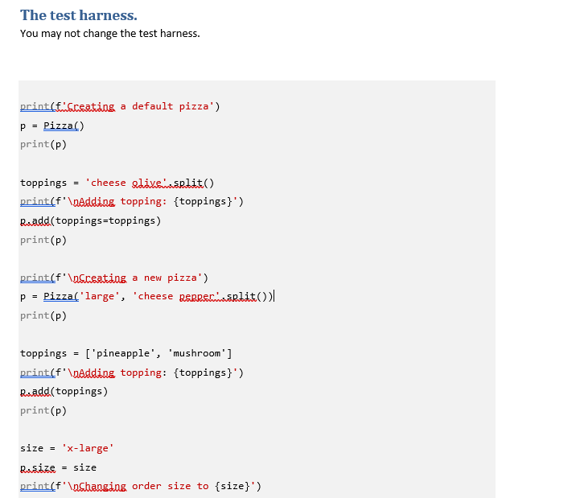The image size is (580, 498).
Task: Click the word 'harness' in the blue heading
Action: tap(109, 15)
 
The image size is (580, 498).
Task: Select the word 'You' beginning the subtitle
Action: tap(29, 34)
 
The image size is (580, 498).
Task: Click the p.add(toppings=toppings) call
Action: tap(90, 220)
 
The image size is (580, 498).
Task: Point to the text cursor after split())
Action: tap(274, 296)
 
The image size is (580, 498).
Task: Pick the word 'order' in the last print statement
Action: tap(147, 486)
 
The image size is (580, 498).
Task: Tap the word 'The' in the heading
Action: tap(34, 15)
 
